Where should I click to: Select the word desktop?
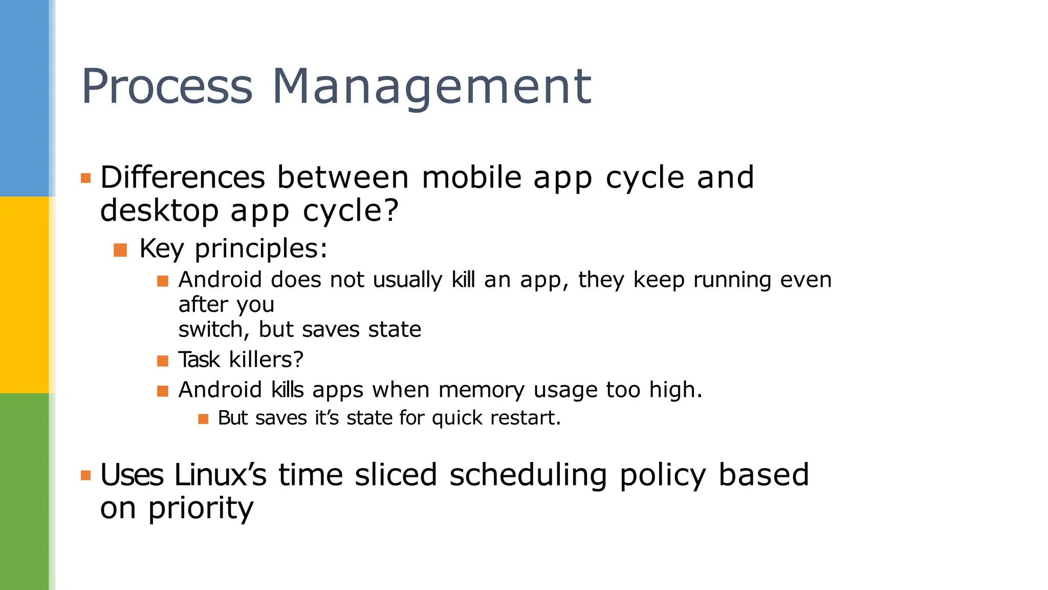coord(159,210)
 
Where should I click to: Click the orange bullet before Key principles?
coord(120,250)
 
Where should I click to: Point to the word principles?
coord(261,249)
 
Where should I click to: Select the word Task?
coord(199,360)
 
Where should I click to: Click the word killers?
coord(266,360)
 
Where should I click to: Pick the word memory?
coord(482,390)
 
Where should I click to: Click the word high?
coord(675,390)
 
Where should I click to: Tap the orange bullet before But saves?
coord(203,419)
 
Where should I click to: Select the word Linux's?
coord(220,475)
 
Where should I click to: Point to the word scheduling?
coord(528,476)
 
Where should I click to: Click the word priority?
coord(201,509)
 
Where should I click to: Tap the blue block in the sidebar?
coord(25,98)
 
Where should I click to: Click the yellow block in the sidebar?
coord(25,295)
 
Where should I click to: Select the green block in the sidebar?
coord(25,492)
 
